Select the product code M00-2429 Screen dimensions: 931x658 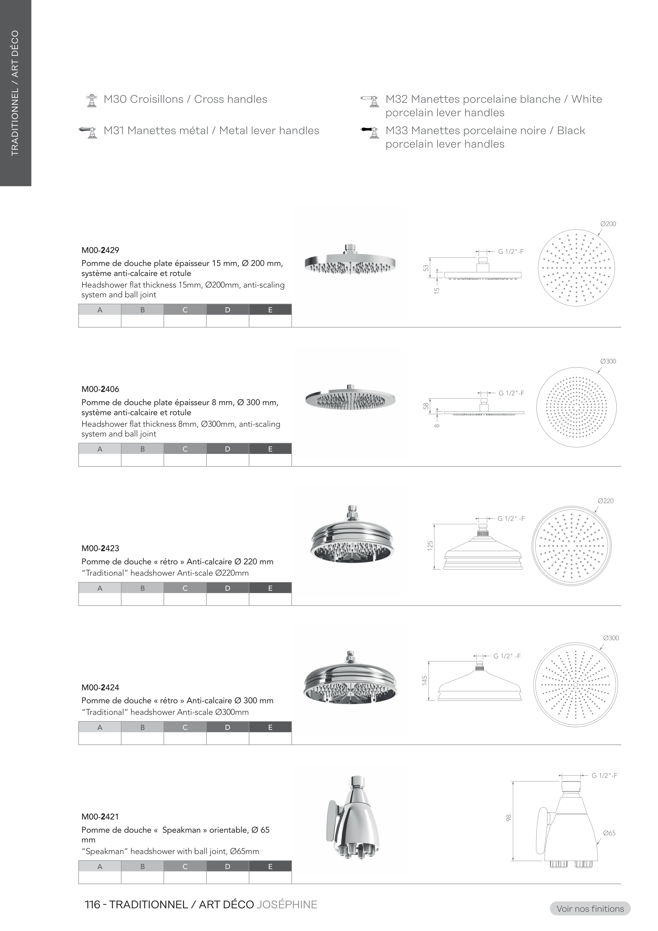(100, 250)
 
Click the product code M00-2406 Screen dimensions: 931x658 (100, 389)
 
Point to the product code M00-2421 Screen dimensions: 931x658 (100, 817)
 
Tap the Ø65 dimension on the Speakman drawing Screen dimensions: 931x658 (609, 833)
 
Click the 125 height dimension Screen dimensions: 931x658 (430, 545)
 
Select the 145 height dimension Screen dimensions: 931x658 (425, 680)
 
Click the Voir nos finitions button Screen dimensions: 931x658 (590, 909)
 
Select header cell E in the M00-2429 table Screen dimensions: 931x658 (270, 310)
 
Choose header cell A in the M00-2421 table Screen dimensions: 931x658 (100, 866)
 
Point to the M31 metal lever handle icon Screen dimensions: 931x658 (88, 132)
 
